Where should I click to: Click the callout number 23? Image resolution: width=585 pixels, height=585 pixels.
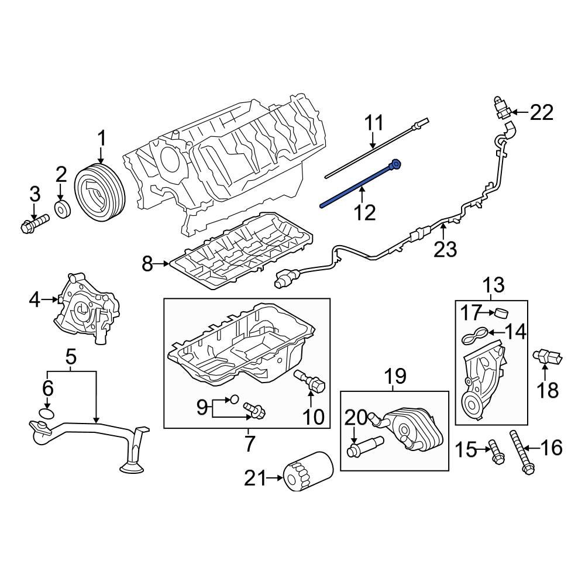click(x=445, y=249)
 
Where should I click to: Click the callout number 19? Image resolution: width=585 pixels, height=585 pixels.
click(x=394, y=375)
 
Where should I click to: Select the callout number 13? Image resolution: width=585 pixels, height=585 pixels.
click(x=493, y=285)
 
